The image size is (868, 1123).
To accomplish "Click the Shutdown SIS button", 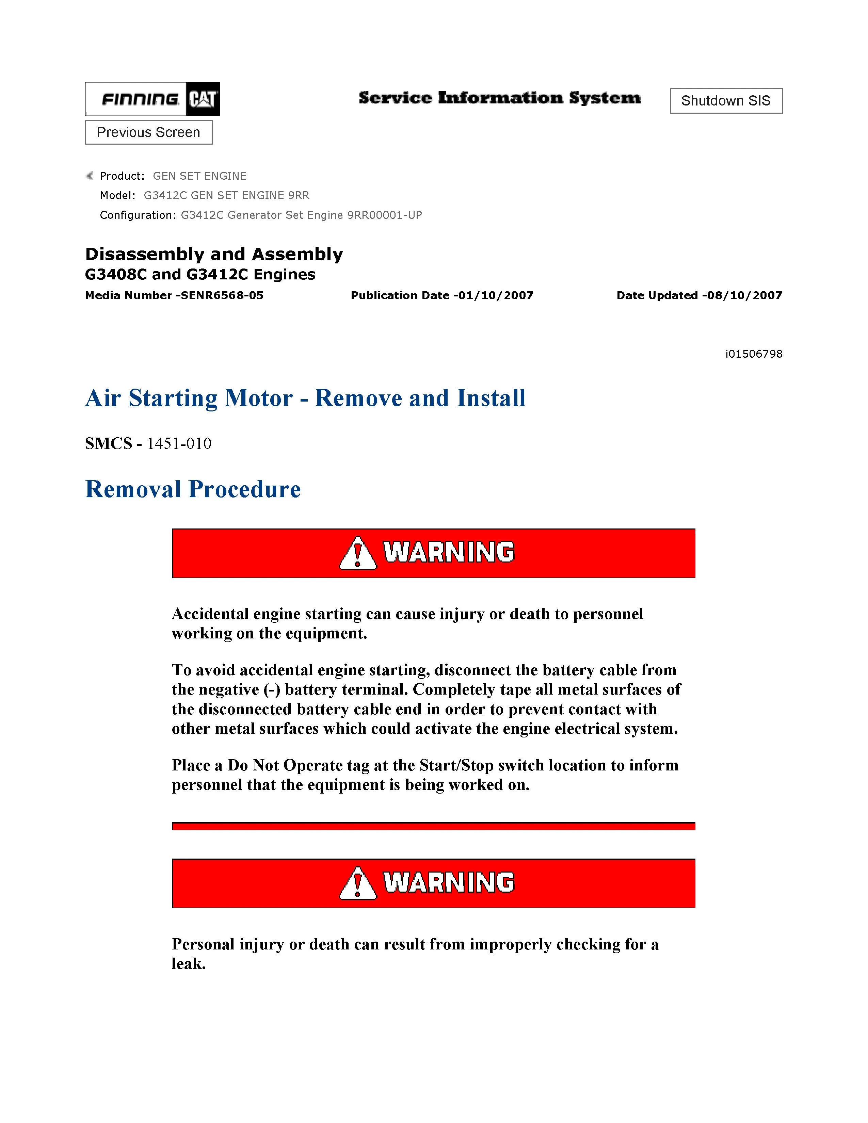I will coord(726,101).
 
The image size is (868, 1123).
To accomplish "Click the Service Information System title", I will coord(499,98).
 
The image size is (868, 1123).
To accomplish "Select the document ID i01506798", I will coord(754,354).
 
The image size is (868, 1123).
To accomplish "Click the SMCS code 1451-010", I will coord(179,443).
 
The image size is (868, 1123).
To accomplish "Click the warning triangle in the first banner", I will coord(357,553).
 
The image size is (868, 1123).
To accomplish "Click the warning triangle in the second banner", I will coord(357,883).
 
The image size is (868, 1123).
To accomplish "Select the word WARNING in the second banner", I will coord(448,882).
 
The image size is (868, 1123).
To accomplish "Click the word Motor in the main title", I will coord(258,398).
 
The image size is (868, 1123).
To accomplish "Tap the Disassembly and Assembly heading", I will coord(214,254).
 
